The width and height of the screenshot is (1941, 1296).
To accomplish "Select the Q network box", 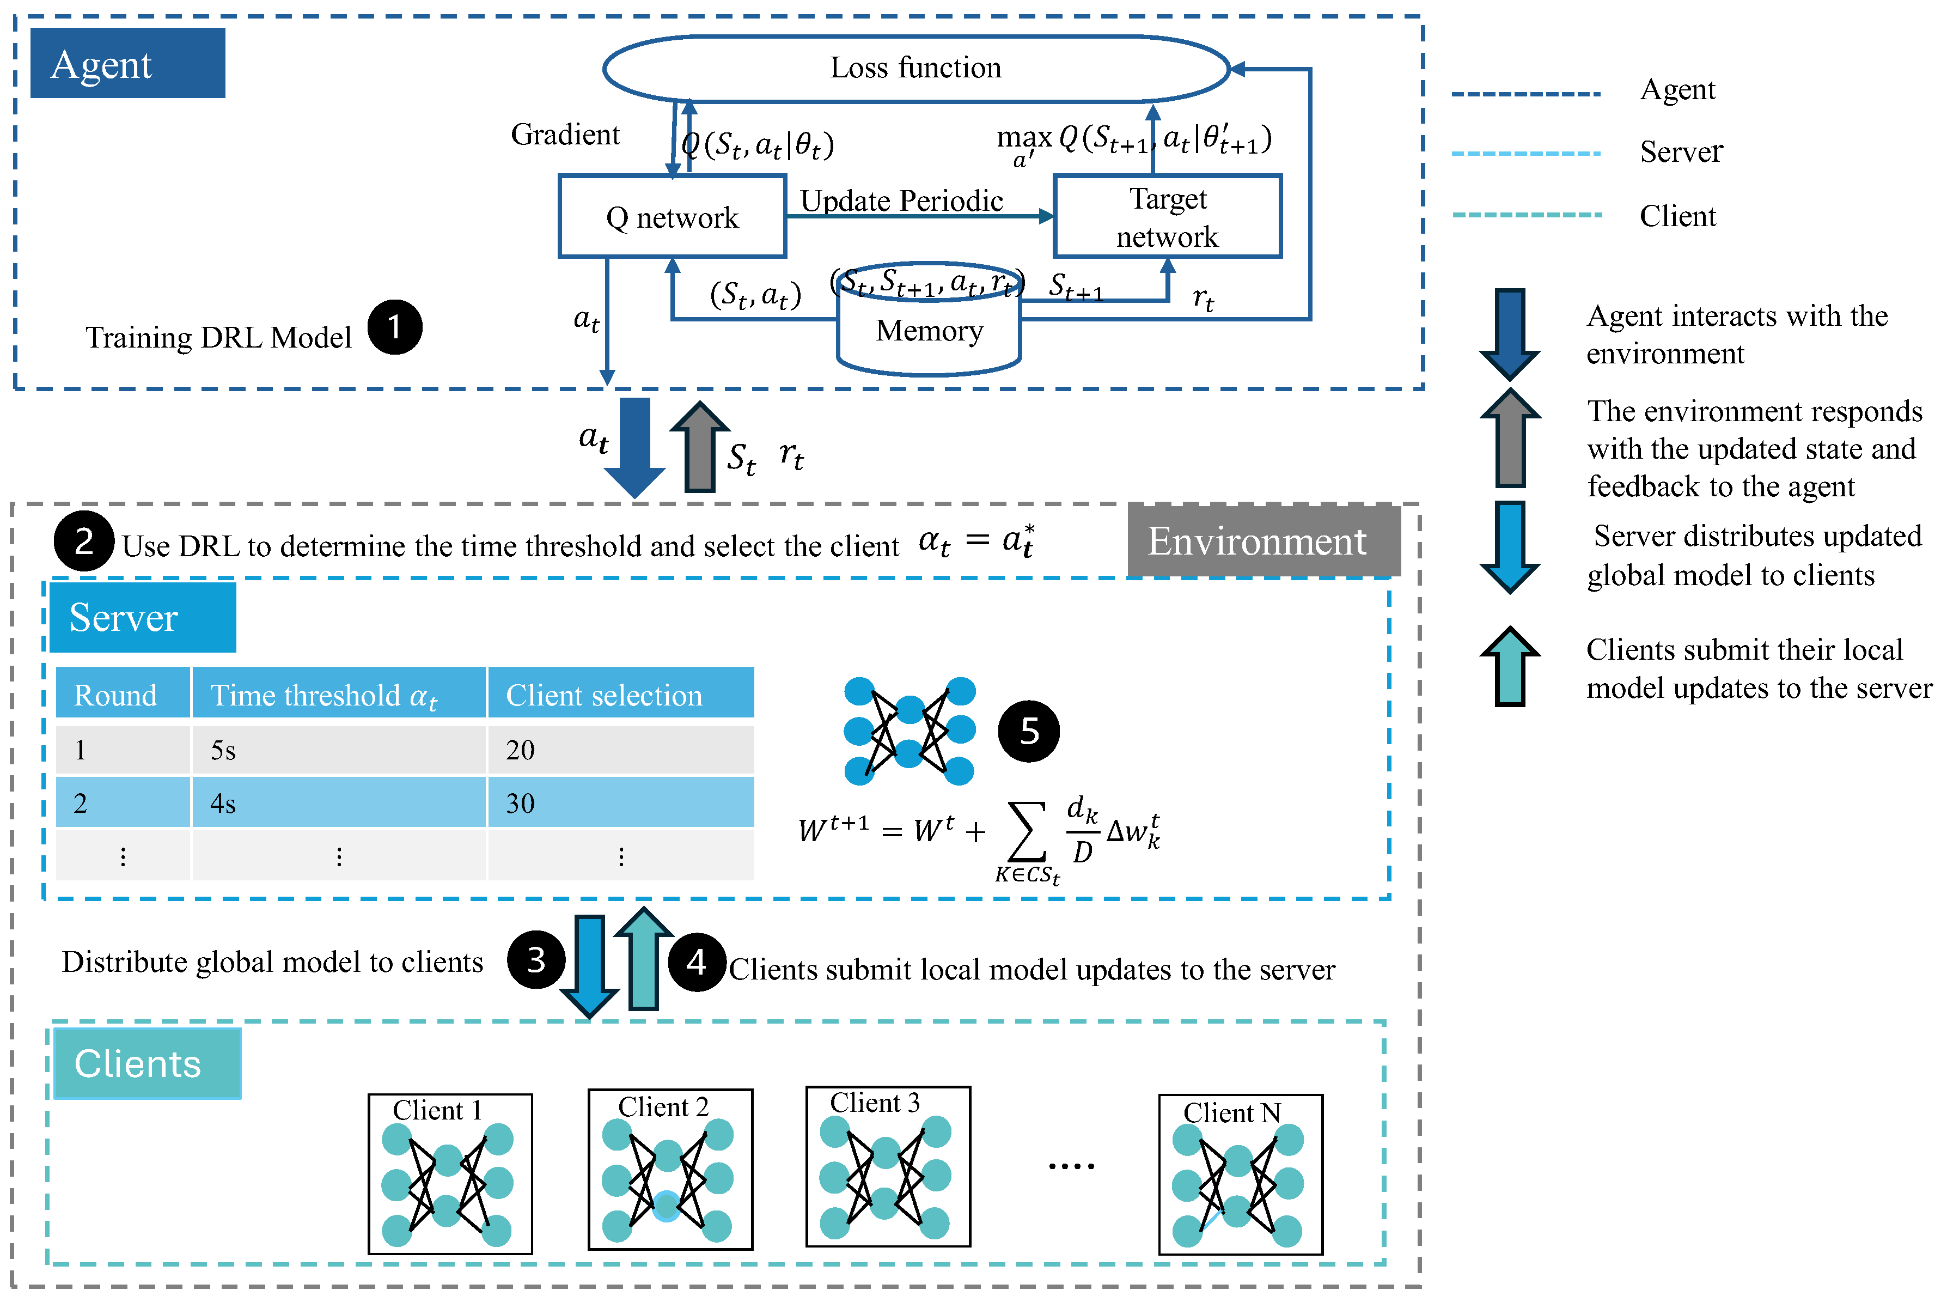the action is [673, 217].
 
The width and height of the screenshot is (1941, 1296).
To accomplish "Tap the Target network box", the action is [1168, 217].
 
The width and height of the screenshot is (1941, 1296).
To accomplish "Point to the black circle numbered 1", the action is [395, 327].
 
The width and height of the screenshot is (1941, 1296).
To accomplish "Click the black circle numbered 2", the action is [83, 541].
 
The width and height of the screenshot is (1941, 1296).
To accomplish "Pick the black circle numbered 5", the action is [1029, 732].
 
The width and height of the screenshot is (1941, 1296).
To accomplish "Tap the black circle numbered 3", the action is [536, 959].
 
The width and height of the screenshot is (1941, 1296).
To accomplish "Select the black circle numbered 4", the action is [697, 962].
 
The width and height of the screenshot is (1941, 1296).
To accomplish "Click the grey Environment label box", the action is [1264, 540].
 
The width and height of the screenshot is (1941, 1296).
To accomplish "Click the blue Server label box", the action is [142, 617].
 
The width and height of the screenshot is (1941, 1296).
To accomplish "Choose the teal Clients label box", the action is [147, 1064].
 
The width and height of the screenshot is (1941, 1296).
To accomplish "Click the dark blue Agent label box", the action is [128, 63].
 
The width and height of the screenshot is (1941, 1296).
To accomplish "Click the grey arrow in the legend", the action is [1510, 438].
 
